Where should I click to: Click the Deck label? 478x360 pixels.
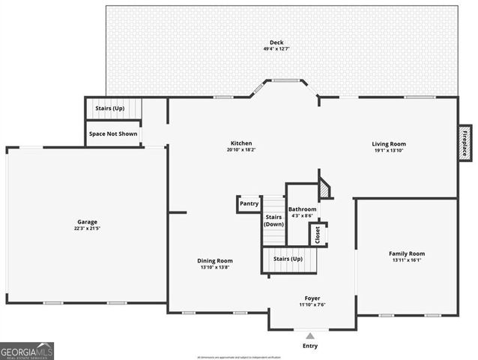[276, 41]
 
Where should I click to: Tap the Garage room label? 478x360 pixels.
[87, 221]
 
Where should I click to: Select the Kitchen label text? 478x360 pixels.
[241, 142]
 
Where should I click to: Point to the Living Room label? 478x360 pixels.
[389, 143]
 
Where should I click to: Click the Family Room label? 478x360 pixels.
[406, 253]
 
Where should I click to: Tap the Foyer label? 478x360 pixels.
[312, 298]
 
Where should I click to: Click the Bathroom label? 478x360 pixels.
[303, 209]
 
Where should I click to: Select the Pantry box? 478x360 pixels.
[249, 203]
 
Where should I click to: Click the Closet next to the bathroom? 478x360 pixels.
[318, 234]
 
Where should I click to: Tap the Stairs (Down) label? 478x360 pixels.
[273, 220]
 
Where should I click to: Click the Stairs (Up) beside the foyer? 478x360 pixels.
[288, 259]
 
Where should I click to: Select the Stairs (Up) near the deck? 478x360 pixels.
[110, 108]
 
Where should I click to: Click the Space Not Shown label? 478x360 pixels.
[112, 133]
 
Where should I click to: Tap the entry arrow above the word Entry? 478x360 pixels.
[310, 334]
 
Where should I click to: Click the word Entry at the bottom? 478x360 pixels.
[310, 346]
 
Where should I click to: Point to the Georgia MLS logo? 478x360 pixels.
[27, 351]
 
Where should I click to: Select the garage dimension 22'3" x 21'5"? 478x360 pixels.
[87, 228]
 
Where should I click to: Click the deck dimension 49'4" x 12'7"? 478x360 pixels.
[276, 49]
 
